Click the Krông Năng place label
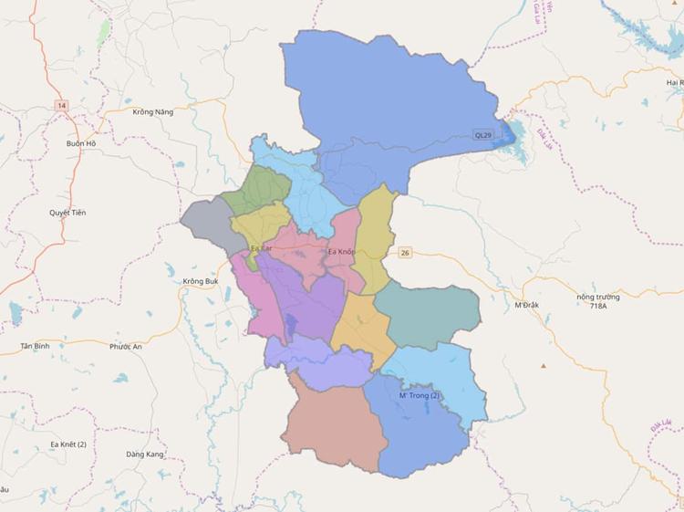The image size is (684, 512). pyautogui.click(x=152, y=111)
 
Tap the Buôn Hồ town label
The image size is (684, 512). pyautogui.click(x=80, y=143)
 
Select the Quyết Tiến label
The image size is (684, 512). pyautogui.click(x=67, y=213)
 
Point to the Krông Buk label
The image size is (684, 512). pyautogui.click(x=200, y=281)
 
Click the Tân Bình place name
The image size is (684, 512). pyautogui.click(x=35, y=347)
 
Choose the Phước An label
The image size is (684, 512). pyautogui.click(x=126, y=347)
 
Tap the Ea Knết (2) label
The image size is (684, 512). pyautogui.click(x=68, y=444)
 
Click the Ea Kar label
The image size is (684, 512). pyautogui.click(x=261, y=248)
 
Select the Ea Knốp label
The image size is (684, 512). pyautogui.click(x=341, y=251)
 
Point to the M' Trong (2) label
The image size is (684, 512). pyautogui.click(x=420, y=395)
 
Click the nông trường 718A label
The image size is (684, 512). pyautogui.click(x=598, y=302)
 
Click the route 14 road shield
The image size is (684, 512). pyautogui.click(x=61, y=106)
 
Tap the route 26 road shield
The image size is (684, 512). pyautogui.click(x=404, y=253)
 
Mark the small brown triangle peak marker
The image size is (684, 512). pyautogui.click(x=544, y=366)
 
